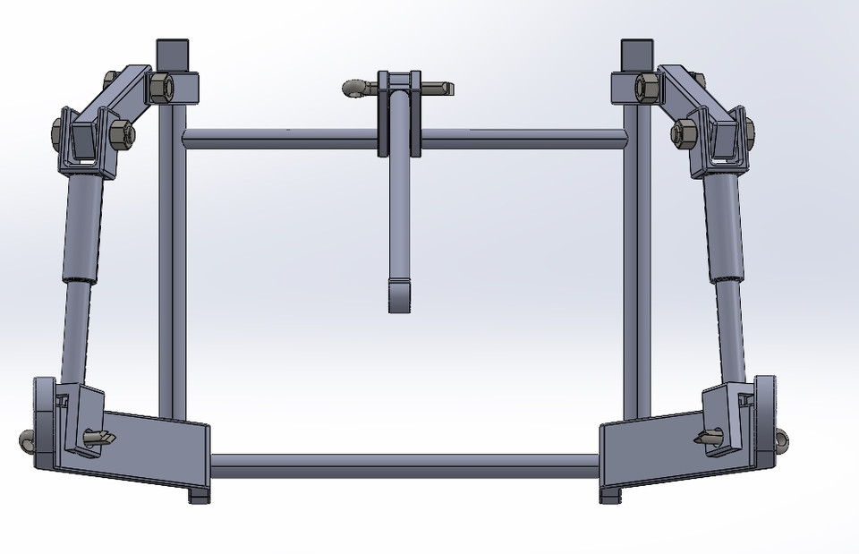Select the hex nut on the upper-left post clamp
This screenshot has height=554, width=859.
tap(162, 87)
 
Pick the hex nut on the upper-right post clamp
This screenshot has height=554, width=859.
tap(646, 88)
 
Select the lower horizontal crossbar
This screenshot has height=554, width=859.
tap(403, 466)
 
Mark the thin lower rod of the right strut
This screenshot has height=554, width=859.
tap(736, 331)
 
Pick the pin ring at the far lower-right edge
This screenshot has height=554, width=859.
tap(783, 440)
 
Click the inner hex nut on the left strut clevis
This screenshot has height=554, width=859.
tap(124, 135)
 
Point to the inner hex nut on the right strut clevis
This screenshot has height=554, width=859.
tap(685, 132)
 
